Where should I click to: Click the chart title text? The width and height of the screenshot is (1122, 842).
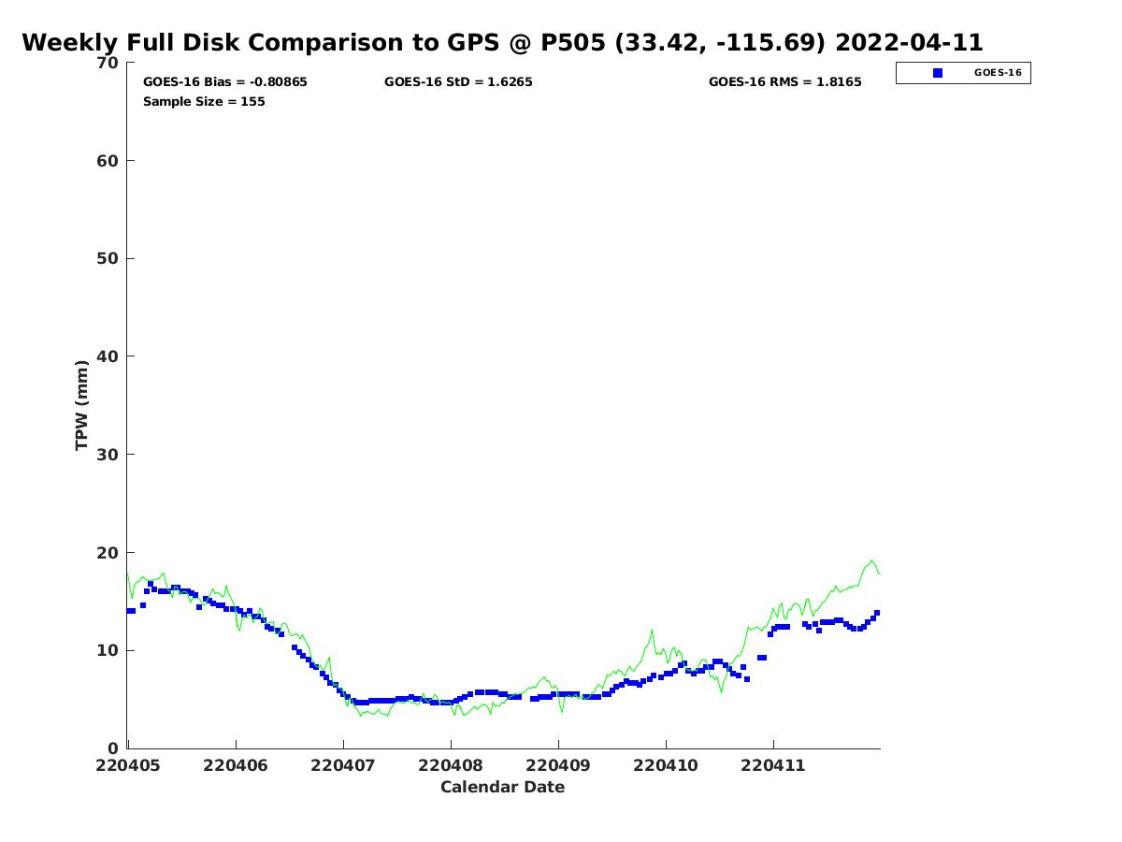(502, 42)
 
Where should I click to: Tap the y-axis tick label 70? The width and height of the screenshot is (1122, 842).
(108, 63)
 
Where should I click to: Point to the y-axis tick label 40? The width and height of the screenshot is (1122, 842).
(108, 356)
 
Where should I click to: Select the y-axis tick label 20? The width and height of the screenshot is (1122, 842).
(108, 553)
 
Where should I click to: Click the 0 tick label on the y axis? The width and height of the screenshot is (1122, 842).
(113, 748)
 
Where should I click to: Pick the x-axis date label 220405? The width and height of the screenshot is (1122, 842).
(128, 765)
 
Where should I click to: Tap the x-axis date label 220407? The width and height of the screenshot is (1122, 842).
(342, 765)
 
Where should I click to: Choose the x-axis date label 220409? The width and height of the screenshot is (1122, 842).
(557, 765)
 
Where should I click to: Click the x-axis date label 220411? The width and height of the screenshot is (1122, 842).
(772, 765)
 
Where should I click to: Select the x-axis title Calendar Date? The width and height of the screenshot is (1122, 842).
(502, 787)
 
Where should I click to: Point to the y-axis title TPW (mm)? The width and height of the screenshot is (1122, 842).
(81, 405)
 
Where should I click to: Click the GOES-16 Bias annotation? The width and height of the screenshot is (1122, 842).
(225, 81)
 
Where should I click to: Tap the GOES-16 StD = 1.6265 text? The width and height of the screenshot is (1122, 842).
(458, 81)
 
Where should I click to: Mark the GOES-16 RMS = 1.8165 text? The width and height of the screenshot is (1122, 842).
(784, 81)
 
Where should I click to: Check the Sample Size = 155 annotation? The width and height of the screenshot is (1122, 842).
(204, 101)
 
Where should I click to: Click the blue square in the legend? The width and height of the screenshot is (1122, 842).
(938, 73)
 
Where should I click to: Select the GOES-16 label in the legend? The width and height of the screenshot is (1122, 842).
(998, 73)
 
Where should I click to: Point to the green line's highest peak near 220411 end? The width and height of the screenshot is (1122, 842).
(872, 560)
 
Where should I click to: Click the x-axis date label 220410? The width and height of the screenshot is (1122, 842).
(665, 765)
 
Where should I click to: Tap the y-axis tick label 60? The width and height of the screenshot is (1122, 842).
(108, 161)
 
